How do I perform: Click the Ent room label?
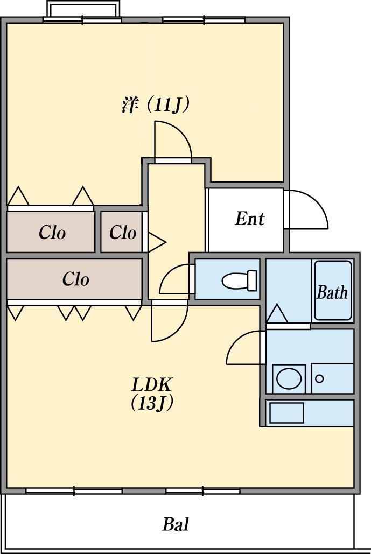250,219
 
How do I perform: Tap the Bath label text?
332,292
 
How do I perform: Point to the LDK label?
152,385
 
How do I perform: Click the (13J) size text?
152,403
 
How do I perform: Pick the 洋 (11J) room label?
156,104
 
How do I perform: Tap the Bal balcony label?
176,524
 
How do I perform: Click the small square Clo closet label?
123,233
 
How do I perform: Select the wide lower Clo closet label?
76,279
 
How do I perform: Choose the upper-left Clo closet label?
52,233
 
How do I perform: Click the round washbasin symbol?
289,378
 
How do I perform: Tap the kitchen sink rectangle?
286,413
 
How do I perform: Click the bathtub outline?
333,291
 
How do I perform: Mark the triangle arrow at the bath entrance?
278,314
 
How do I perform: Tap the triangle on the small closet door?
156,242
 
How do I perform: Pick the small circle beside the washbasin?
319,379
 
